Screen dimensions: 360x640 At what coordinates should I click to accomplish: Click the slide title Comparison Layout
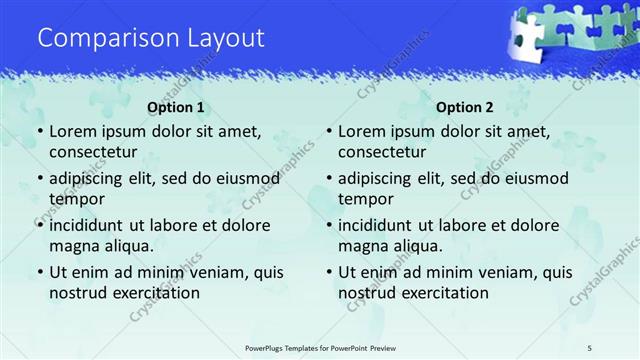pos(151,38)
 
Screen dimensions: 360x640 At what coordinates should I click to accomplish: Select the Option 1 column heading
pos(176,107)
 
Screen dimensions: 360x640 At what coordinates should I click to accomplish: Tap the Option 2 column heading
pos(465,107)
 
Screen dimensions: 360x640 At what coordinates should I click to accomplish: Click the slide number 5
pos(590,347)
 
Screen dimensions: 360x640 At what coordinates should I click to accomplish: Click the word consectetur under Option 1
pos(93,152)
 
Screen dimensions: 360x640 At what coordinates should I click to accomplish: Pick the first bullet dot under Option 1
pos(39,133)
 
